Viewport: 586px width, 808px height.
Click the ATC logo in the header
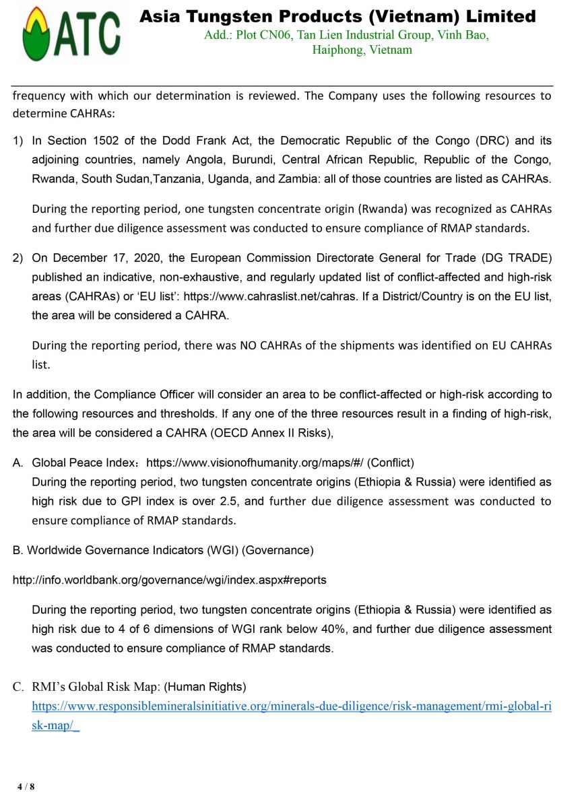tap(71, 34)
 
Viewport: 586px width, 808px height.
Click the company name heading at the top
tap(337, 16)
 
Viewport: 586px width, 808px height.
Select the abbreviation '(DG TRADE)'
tap(519, 258)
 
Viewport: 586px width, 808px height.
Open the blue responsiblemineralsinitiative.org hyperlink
tap(292, 706)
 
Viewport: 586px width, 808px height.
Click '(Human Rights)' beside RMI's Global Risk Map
tap(205, 687)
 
